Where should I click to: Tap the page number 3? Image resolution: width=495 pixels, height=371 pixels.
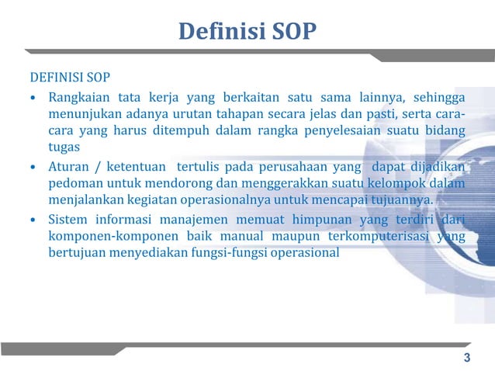coord(466,358)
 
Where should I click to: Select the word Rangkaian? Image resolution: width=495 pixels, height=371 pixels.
coord(78,98)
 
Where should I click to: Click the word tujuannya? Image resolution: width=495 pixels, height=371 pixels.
coord(400,200)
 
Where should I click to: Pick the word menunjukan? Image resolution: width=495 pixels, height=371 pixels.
coord(81,114)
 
